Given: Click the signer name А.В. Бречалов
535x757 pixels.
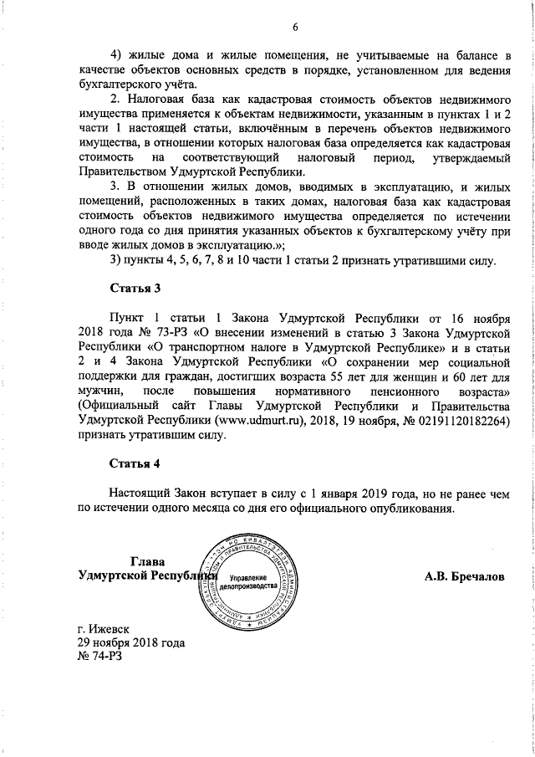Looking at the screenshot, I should click(464, 576).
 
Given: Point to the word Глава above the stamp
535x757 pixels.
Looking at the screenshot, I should click(148, 560).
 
